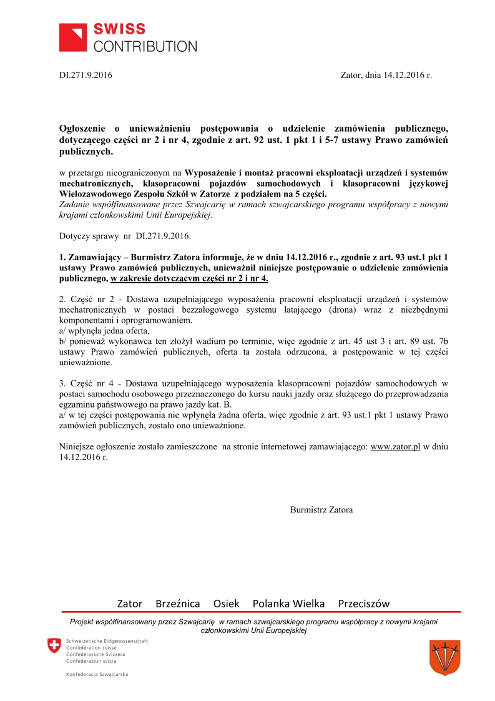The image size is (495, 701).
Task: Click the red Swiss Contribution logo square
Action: click(x=74, y=37)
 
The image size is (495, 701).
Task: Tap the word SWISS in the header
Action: click(x=119, y=29)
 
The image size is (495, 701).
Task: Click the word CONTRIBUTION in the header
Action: click(x=145, y=46)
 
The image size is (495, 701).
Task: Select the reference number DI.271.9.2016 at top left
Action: click(x=86, y=75)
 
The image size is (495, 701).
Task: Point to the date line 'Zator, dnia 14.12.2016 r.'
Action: click(x=386, y=75)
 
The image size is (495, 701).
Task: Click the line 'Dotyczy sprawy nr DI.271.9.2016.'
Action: click(x=125, y=237)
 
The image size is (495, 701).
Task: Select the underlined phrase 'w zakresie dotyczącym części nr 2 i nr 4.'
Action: click(x=189, y=278)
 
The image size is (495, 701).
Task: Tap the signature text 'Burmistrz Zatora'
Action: click(x=321, y=509)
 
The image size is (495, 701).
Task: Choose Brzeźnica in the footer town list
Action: click(x=178, y=604)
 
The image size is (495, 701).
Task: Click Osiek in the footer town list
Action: click(x=226, y=604)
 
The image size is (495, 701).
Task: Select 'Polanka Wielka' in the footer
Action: click(x=288, y=604)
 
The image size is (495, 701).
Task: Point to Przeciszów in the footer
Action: click(x=363, y=604)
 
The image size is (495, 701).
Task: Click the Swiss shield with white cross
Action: click(x=55, y=646)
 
